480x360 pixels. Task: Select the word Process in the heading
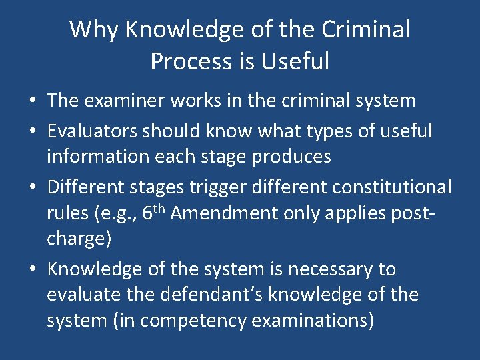click(189, 61)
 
